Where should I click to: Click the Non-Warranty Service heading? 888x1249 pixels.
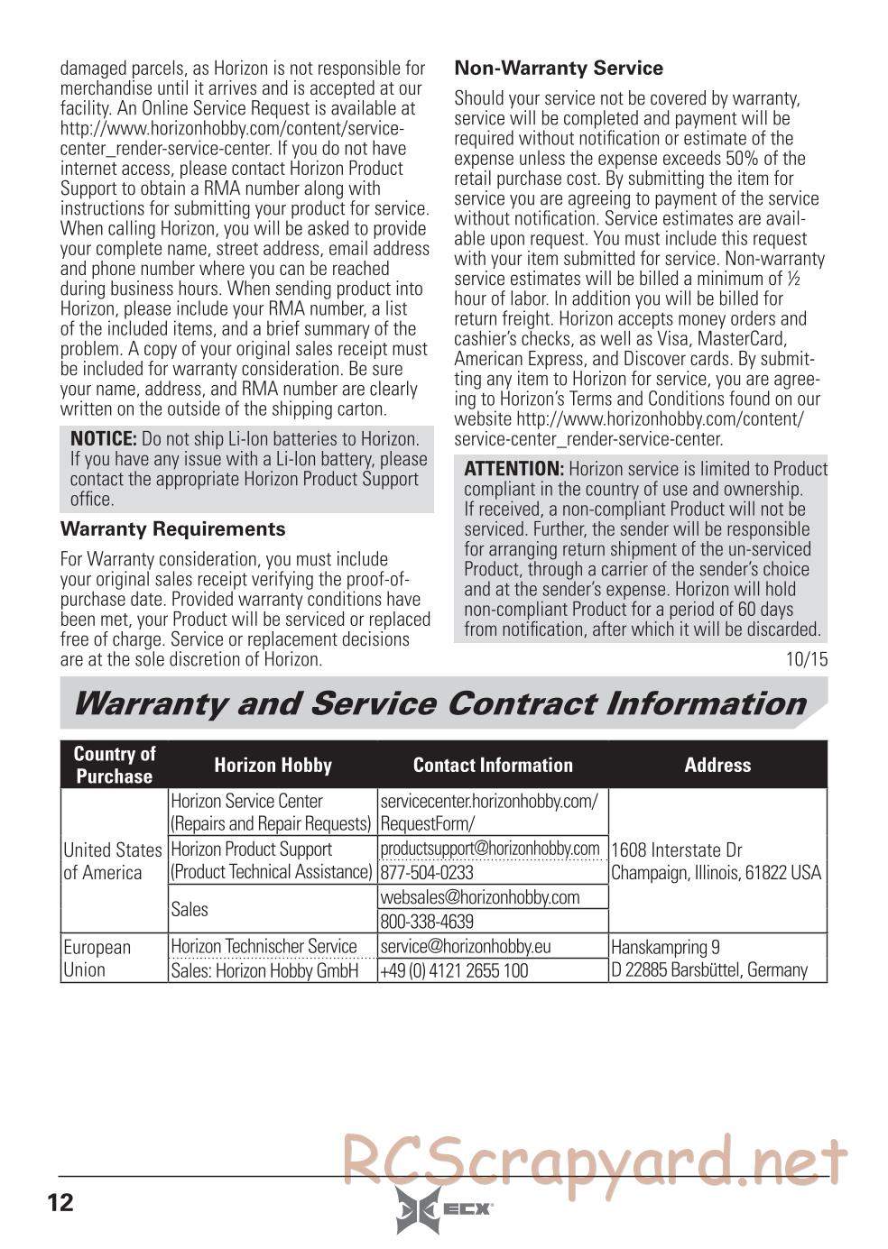[x=558, y=69]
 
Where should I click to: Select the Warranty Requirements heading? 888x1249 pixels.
[x=172, y=529]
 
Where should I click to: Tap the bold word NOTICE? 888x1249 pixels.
[x=103, y=439]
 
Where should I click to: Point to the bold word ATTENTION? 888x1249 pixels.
[x=513, y=469]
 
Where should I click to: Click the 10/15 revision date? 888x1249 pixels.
[x=806, y=659]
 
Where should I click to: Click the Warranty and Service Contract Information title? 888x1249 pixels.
[x=439, y=703]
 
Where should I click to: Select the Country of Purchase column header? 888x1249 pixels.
[x=115, y=765]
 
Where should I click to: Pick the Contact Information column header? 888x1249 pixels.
[x=493, y=766]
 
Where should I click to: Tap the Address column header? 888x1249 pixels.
[x=717, y=766]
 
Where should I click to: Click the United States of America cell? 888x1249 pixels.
[x=113, y=861]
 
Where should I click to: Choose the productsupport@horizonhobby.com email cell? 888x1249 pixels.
[x=490, y=849]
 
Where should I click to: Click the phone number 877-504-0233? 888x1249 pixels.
[x=427, y=873]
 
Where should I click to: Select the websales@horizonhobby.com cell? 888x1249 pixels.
[x=480, y=897]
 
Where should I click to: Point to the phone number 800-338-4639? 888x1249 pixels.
[x=427, y=922]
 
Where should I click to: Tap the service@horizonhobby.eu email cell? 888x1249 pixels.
[x=466, y=947]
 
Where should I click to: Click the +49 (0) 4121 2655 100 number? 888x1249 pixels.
[x=454, y=971]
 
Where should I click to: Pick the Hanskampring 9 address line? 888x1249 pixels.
[x=665, y=948]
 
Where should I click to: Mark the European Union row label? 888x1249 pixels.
[x=97, y=959]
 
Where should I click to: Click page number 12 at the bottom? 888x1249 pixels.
[x=60, y=1202]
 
